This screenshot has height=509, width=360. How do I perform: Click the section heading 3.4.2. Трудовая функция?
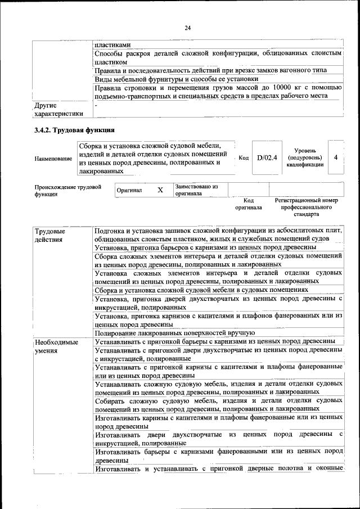click(x=75, y=130)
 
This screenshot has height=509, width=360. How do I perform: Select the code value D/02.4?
click(x=267, y=158)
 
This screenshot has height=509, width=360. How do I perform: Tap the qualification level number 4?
click(x=336, y=157)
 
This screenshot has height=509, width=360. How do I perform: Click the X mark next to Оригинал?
click(x=160, y=190)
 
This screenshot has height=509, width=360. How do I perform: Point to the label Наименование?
click(x=53, y=159)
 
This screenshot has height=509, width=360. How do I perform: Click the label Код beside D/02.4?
click(x=244, y=158)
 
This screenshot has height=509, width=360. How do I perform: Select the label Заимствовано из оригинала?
click(x=196, y=190)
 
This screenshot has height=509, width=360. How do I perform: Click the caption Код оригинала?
click(x=249, y=204)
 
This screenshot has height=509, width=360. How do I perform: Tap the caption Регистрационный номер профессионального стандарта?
click(x=306, y=207)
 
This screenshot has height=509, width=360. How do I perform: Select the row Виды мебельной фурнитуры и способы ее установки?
click(x=169, y=79)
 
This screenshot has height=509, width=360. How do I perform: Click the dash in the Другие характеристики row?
click(x=96, y=105)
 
